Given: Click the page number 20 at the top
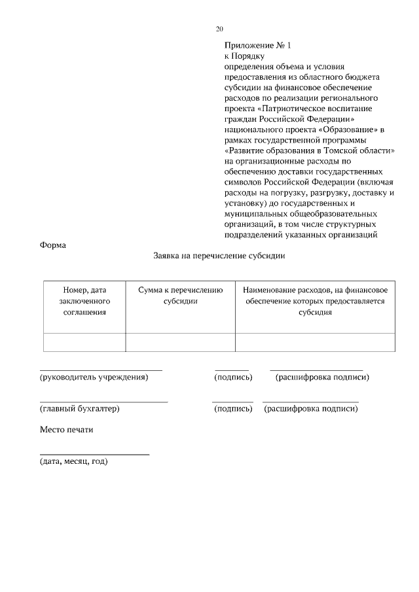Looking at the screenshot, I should tap(219, 29).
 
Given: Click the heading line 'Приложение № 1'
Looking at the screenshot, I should tap(257, 46).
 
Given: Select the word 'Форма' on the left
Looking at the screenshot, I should tap(53, 245).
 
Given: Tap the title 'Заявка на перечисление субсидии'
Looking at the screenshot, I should tap(219, 257).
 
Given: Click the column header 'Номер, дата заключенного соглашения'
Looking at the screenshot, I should tap(84, 300).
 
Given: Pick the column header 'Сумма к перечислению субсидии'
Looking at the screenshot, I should tap(181, 295).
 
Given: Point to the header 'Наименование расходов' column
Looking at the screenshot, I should tap(315, 300).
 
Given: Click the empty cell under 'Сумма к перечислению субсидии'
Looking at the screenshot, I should tap(181, 342).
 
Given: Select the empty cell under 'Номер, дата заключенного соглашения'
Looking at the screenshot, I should tap(84, 342).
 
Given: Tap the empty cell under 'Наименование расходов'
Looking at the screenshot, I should tap(315, 342).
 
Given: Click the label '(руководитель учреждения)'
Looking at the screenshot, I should tap(94, 377).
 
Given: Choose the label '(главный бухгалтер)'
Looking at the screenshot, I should tap(79, 409).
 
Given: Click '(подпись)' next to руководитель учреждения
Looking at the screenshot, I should tap(233, 377).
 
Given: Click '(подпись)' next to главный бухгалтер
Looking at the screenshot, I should tap(233, 409).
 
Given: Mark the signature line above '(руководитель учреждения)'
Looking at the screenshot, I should tap(101, 370).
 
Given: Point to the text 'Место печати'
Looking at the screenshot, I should tap(67, 430).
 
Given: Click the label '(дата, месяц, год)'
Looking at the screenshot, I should tap(73, 461).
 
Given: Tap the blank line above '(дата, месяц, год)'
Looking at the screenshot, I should tap(94, 454).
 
